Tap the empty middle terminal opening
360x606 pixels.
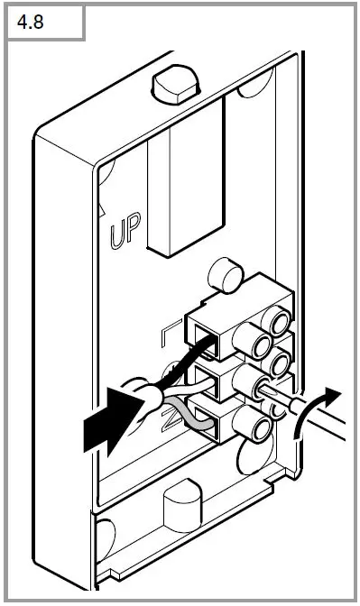coord(213,377)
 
